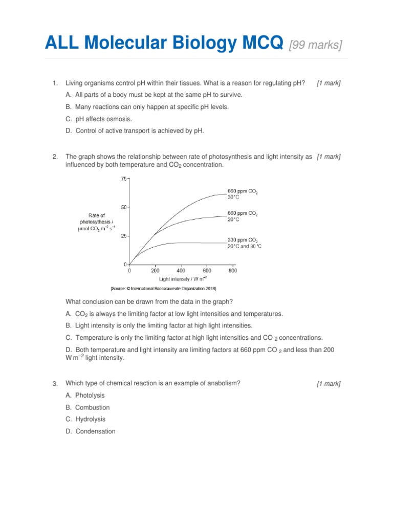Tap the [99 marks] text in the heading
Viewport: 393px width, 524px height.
[316, 45]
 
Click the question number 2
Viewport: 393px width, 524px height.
[55, 157]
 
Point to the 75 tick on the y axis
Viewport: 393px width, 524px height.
[123, 179]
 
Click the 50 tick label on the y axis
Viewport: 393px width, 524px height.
[123, 207]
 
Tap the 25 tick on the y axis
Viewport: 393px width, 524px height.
[123, 236]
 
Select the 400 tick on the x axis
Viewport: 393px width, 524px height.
[181, 270]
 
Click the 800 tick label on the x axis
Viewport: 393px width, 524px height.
[232, 270]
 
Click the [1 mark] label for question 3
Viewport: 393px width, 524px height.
[329, 384]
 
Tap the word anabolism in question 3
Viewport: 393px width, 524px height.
[221, 383]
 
